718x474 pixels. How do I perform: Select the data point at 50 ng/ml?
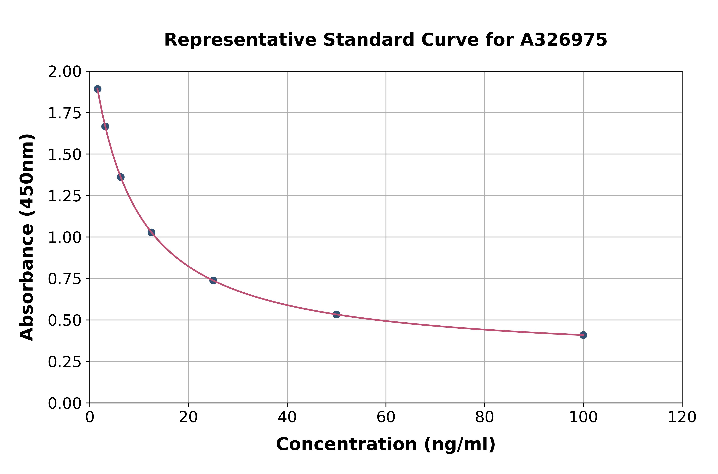(x=336, y=314)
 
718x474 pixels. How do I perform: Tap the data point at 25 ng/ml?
(x=213, y=281)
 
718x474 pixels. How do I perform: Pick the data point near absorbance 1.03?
(x=151, y=232)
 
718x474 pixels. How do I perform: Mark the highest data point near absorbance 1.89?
(x=97, y=89)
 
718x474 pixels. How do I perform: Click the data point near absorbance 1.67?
(x=105, y=126)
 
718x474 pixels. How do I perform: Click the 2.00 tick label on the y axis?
(x=65, y=72)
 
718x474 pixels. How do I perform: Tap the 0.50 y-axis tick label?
(x=65, y=320)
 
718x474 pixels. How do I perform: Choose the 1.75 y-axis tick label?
(x=65, y=113)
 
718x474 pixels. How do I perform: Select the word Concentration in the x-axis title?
(x=347, y=444)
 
